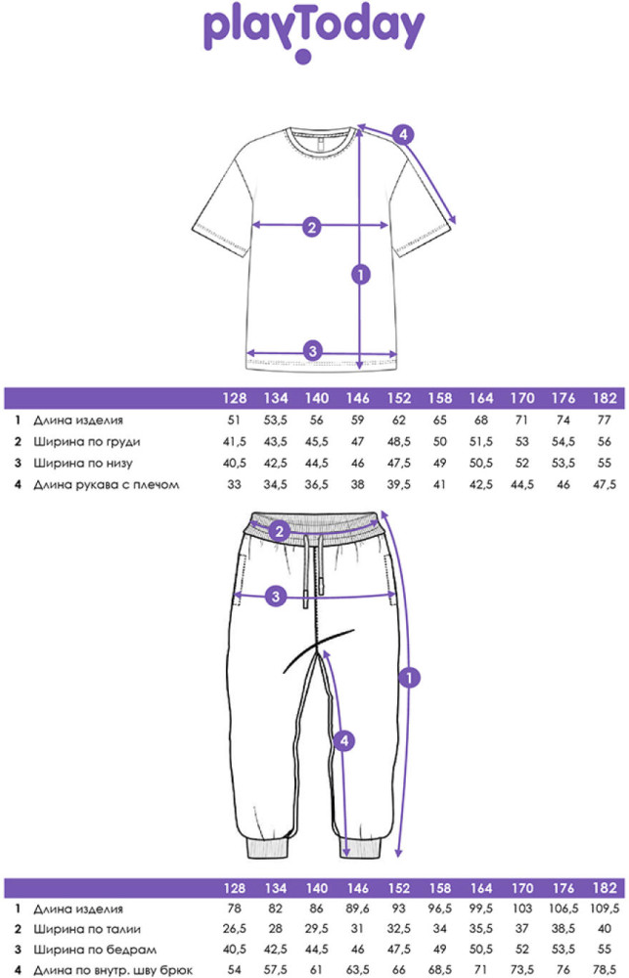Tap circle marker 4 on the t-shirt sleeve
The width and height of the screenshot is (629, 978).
[x=403, y=134]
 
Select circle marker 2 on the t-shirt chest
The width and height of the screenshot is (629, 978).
[x=313, y=227]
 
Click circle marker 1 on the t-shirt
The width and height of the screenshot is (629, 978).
[x=361, y=274]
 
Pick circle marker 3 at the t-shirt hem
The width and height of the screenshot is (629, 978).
[x=313, y=350]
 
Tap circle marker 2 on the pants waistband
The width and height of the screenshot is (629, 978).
[x=280, y=531]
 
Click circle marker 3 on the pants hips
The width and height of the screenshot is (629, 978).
[x=276, y=597]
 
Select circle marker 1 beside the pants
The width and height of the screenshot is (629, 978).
[x=409, y=678]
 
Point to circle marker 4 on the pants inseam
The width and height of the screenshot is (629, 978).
[x=343, y=741]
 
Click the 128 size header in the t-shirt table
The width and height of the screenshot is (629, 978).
[x=235, y=398]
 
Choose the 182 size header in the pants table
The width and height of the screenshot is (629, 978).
[x=605, y=888]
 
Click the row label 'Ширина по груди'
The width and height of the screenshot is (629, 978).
[x=87, y=442]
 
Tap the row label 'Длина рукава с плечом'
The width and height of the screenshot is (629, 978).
[x=106, y=485]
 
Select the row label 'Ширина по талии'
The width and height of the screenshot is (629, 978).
[x=87, y=929]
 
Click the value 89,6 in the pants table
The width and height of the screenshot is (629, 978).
[x=358, y=909]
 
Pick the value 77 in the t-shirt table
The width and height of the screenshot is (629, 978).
[x=604, y=420]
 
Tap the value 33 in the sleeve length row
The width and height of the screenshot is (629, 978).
[x=234, y=485]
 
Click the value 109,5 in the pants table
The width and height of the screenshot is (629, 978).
[x=605, y=909]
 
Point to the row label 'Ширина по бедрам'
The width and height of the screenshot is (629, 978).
[x=94, y=950]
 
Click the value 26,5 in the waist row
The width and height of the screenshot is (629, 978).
[x=235, y=929]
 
